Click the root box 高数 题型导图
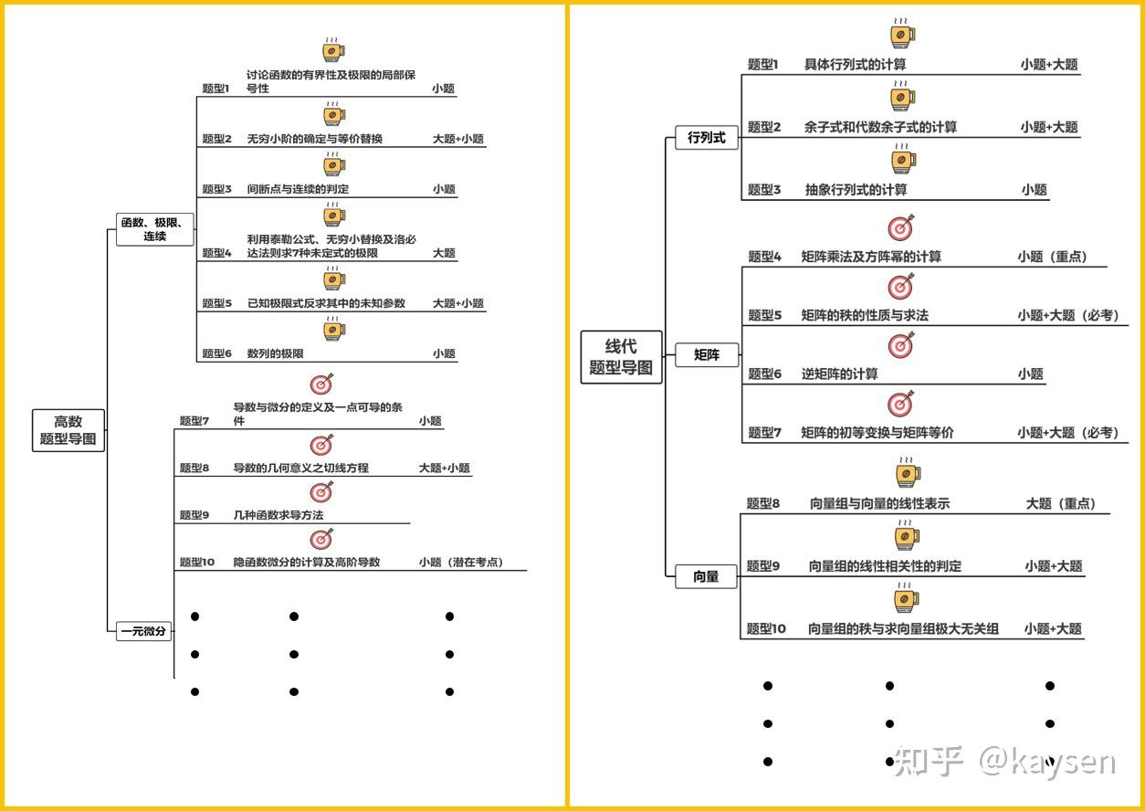pyautogui.click(x=68, y=430)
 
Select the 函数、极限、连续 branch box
pyautogui.click(x=155, y=229)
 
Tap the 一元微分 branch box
pyautogui.click(x=143, y=631)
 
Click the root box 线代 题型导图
pyautogui.click(x=621, y=357)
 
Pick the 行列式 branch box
pyautogui.click(x=707, y=137)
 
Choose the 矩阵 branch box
pyautogui.click(x=707, y=354)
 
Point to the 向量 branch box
pyautogui.click(x=706, y=576)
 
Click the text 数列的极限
pyautogui.click(x=275, y=353)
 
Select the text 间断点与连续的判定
pyautogui.click(x=298, y=189)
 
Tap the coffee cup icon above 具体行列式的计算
pyautogui.click(x=902, y=33)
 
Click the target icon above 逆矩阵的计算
pyautogui.click(x=900, y=345)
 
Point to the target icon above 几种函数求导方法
pyautogui.click(x=321, y=492)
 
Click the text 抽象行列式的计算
pyautogui.click(x=856, y=190)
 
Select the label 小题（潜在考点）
pyautogui.click(x=461, y=562)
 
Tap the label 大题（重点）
pyautogui.click(x=1061, y=503)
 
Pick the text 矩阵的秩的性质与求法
pyautogui.click(x=865, y=315)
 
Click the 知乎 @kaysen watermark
pyautogui.click(x=1005, y=761)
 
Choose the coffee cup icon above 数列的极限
pyautogui.click(x=334, y=328)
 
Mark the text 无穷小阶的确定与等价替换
pyautogui.click(x=314, y=139)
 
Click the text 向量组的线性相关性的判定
pyautogui.click(x=884, y=566)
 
